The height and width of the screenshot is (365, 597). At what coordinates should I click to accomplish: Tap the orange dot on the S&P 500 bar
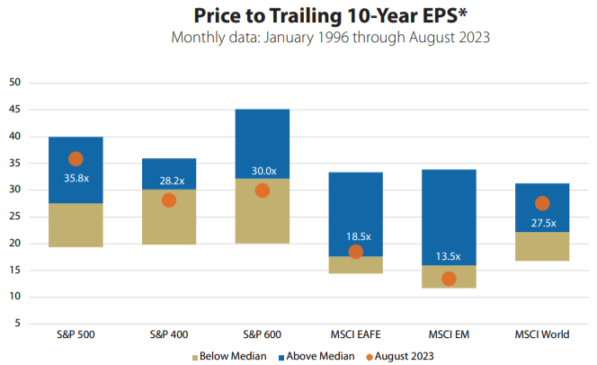pos(76,159)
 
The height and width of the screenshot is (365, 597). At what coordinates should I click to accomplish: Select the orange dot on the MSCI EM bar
pos(449,279)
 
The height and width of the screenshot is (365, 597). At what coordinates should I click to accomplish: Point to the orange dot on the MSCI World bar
pos(542,203)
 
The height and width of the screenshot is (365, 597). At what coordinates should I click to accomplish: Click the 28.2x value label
pos(168,180)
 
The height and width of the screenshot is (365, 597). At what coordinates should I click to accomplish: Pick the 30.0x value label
pos(262,171)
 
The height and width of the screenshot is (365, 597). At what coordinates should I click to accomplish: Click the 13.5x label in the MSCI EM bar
pos(449,254)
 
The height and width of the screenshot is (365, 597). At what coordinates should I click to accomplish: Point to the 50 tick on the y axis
pos(14,83)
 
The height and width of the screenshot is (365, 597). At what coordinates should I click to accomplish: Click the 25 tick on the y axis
pos(14,217)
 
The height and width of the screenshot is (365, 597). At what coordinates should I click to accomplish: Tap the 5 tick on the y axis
pos(17,324)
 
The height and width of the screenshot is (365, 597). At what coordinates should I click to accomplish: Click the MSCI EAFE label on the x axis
pos(355,334)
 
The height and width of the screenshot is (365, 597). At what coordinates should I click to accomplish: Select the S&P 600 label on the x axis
pos(262,334)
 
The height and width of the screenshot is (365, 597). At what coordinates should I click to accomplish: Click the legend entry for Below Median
pos(230,356)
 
